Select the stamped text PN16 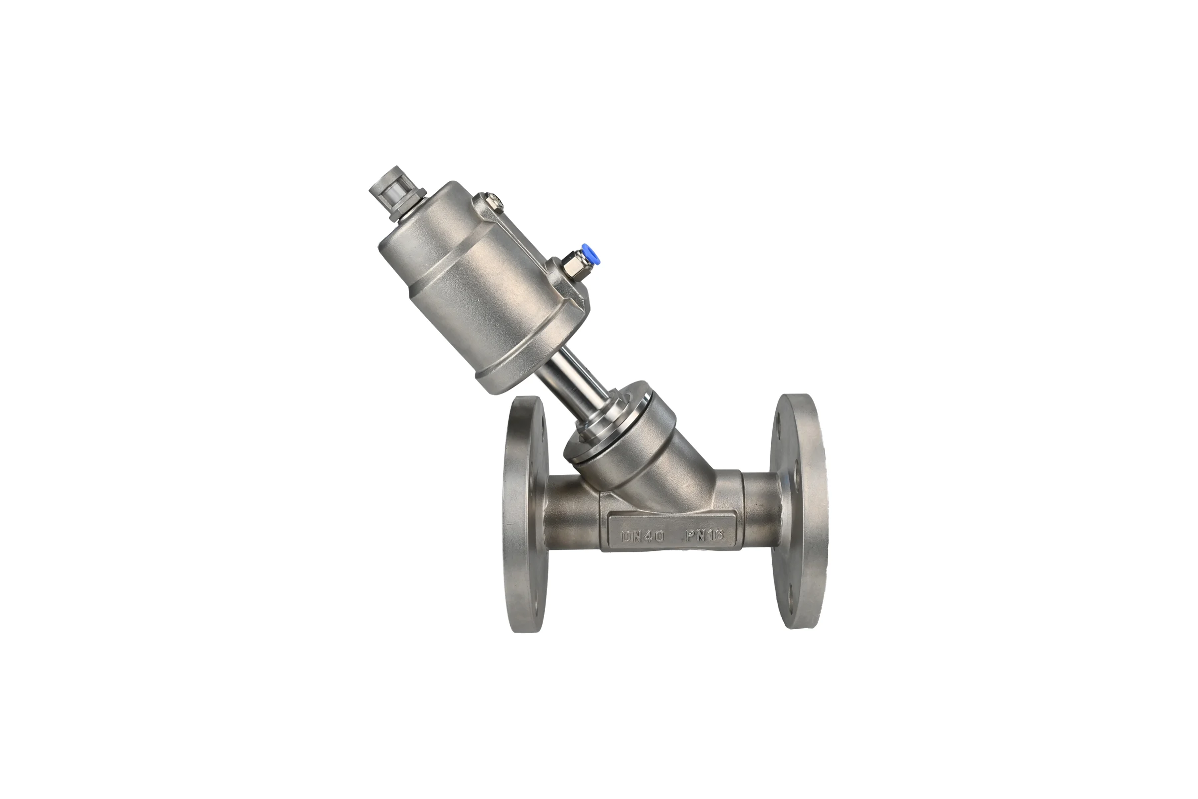click(704, 535)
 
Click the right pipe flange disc click(799, 511)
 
